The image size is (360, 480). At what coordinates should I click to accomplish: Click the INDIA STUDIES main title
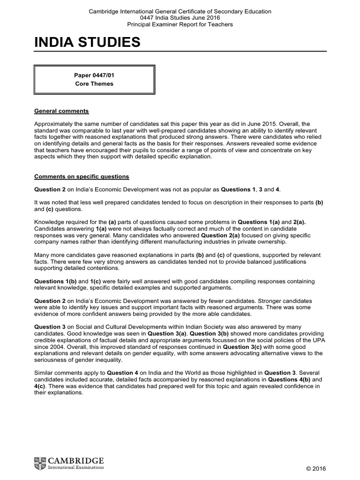(87, 44)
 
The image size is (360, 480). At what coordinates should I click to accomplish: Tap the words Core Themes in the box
(94, 84)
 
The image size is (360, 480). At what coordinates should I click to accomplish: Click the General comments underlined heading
(61, 111)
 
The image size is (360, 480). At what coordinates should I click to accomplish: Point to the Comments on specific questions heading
(82, 176)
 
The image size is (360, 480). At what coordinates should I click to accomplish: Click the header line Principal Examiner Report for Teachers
(180, 24)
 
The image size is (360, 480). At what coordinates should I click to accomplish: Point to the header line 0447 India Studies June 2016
(180, 18)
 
